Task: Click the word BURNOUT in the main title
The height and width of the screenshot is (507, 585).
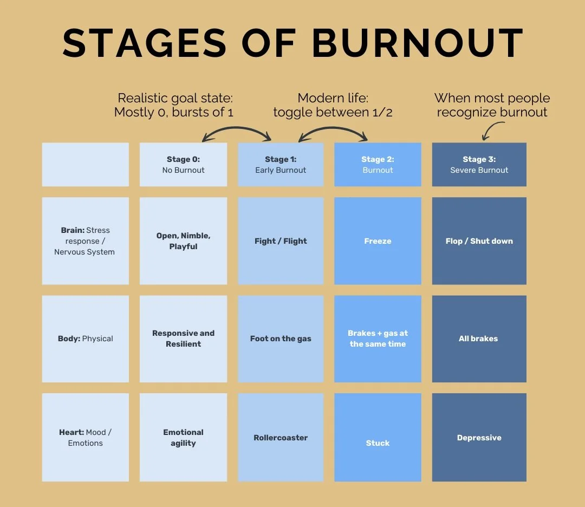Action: point(418,43)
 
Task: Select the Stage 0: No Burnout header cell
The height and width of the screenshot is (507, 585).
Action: point(183,165)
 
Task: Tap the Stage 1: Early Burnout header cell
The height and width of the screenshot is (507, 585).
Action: point(281,165)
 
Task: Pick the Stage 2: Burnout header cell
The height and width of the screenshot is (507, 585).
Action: point(378,165)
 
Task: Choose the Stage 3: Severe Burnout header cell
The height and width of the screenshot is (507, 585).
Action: point(479,165)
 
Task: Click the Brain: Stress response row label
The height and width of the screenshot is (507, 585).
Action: point(85,241)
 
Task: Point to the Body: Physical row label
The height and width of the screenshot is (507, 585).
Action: point(85,339)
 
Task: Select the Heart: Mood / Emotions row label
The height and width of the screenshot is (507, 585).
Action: point(85,438)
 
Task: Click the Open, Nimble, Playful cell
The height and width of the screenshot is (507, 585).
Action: point(183,241)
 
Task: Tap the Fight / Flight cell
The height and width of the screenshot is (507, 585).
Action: point(281,241)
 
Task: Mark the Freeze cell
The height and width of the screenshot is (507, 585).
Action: point(378,241)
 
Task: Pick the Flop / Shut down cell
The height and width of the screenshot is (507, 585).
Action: point(479,241)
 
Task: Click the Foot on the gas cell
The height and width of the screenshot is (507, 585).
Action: point(281,339)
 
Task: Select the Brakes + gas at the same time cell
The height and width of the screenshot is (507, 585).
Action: point(378,339)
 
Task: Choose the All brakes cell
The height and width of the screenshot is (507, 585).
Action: point(479,339)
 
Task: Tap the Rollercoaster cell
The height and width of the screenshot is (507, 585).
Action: point(281,438)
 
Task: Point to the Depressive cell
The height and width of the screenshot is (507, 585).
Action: point(479,438)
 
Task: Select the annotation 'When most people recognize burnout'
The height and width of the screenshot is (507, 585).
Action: point(492,105)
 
